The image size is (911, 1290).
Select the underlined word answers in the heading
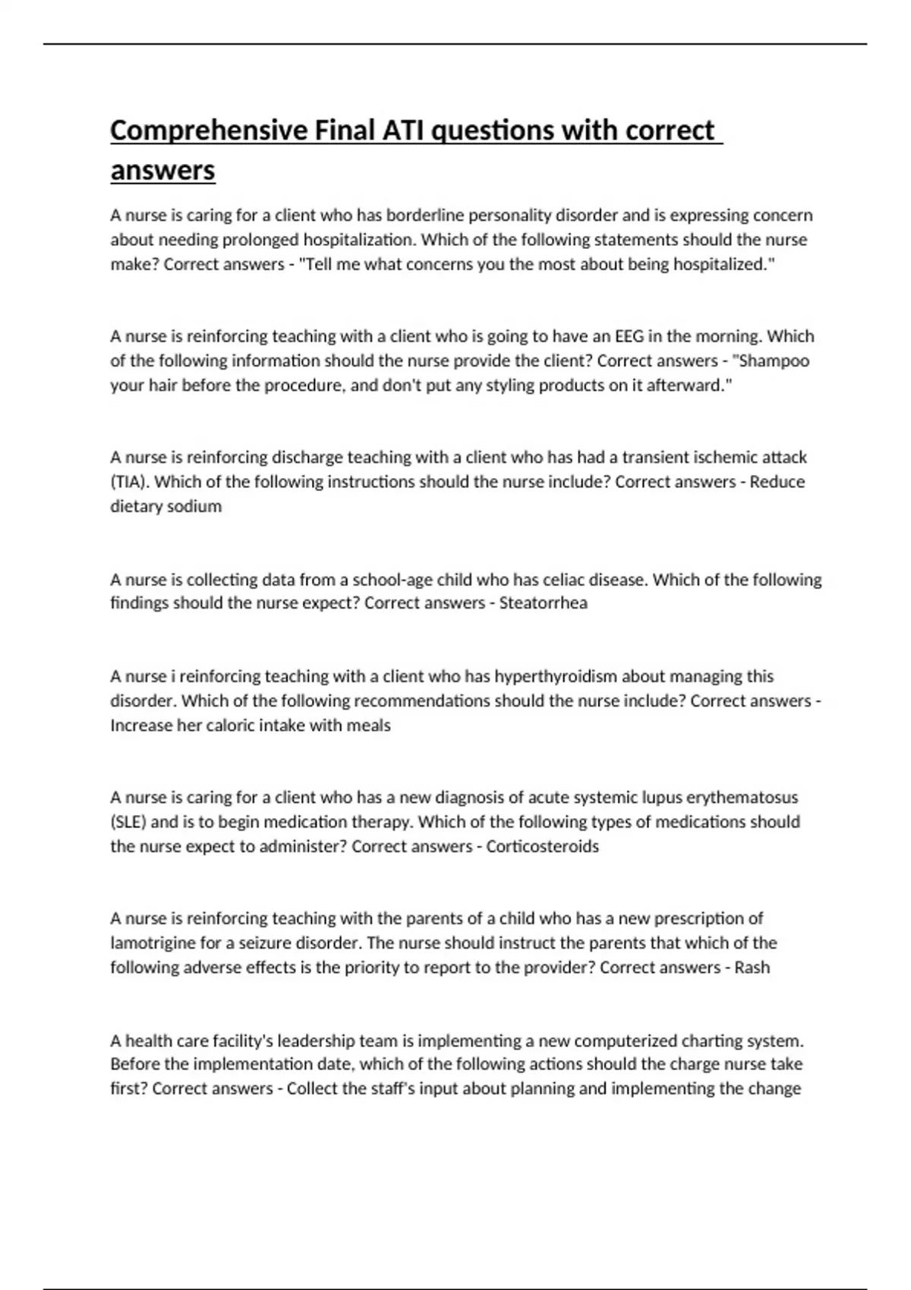click(162, 170)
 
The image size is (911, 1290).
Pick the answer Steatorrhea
click(543, 603)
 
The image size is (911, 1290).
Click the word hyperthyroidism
click(556, 676)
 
